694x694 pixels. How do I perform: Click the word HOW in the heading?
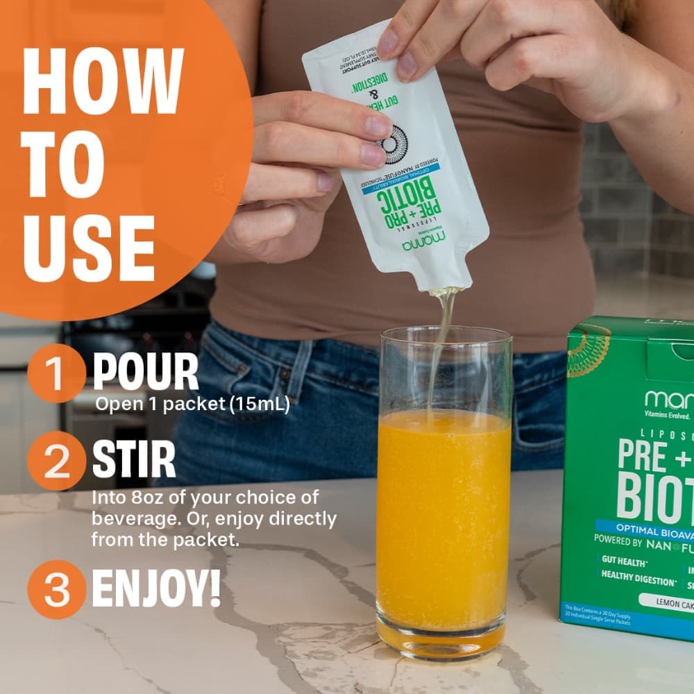click(103, 82)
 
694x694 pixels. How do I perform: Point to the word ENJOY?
click(156, 589)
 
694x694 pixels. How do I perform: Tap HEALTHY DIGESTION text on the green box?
click(638, 575)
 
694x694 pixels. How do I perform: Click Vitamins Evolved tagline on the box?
click(667, 416)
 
